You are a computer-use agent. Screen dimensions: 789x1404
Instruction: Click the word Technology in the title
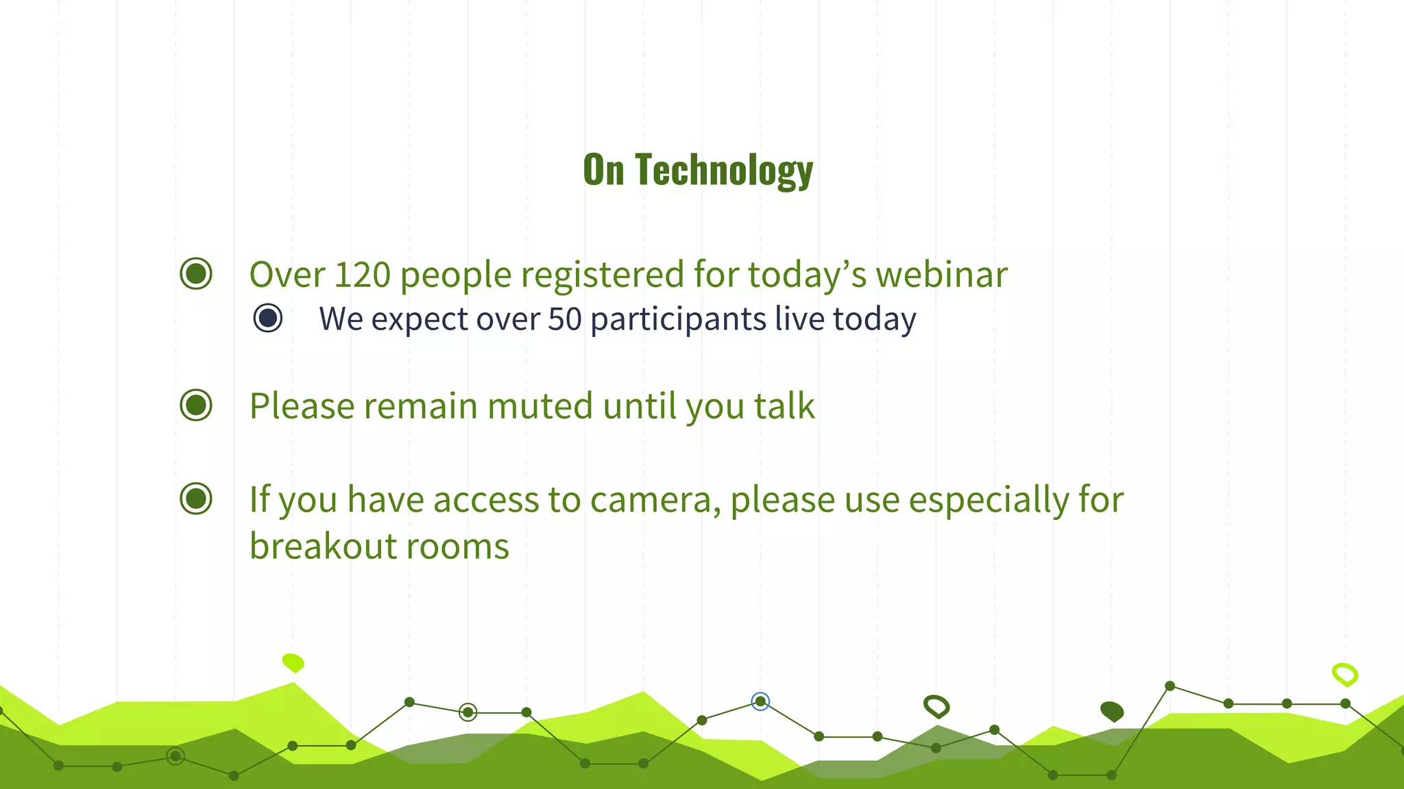tap(724, 171)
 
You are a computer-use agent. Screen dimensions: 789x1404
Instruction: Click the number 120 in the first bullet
tap(362, 275)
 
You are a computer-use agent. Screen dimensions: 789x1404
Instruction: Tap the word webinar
tap(941, 275)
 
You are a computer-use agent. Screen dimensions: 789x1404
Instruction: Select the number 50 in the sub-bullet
tap(565, 319)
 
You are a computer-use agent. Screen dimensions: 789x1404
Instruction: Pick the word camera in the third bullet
tap(655, 499)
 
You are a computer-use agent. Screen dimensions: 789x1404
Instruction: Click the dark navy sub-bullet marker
tap(267, 318)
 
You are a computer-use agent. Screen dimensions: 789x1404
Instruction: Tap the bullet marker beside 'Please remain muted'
tap(196, 405)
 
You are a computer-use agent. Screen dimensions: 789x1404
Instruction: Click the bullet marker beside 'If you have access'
tap(196, 499)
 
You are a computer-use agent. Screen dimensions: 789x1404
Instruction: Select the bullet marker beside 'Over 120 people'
tap(196, 274)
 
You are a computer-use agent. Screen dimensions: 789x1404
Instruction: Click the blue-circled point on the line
tap(760, 701)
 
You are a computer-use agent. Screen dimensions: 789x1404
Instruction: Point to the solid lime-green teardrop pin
tap(293, 662)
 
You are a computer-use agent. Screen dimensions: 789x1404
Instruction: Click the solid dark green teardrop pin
tap(1112, 711)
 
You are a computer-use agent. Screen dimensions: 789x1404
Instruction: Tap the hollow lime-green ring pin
tap(1345, 675)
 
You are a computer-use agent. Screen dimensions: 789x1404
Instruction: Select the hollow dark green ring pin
tap(936, 705)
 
